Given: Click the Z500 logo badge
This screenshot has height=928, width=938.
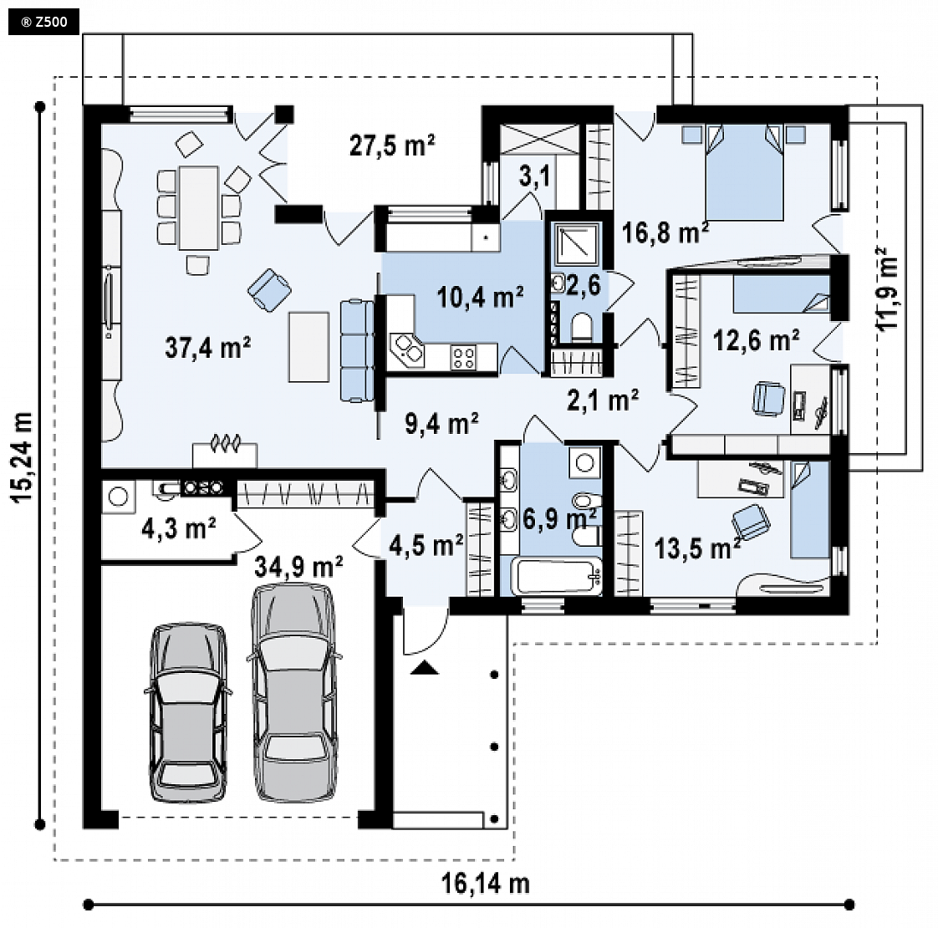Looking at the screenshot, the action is coord(43,23).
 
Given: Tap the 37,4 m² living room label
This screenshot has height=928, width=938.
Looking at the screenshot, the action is coord(207,347).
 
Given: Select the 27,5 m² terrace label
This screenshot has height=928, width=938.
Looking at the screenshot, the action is coord(392,145).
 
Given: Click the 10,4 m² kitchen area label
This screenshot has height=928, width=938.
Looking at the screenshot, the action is coord(481,296).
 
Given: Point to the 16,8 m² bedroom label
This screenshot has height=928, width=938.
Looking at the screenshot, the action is coord(665,232).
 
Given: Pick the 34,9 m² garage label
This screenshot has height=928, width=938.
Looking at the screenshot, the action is coord(298,566).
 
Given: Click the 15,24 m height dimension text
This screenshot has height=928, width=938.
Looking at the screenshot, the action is coord(22,457).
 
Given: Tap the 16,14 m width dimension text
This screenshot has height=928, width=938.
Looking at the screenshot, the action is coord(486,883).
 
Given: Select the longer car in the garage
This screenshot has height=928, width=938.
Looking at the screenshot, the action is coord(293,692).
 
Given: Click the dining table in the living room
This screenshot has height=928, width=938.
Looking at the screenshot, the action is coord(199,207).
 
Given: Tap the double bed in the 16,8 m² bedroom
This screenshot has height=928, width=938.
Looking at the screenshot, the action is coord(745,171).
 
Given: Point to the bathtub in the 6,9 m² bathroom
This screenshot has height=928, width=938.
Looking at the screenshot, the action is coord(557,577).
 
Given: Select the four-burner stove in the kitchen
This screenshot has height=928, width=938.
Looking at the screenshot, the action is coord(464,358).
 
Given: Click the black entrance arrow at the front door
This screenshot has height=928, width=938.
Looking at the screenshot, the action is coord(425,667).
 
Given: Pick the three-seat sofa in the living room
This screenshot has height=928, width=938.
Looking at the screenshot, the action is coord(357,350).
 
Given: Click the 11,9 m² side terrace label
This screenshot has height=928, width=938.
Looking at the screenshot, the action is coord(887,288).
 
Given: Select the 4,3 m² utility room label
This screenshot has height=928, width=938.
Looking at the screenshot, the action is coord(179,528).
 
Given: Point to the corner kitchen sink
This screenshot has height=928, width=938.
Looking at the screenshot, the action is coord(407,349).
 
